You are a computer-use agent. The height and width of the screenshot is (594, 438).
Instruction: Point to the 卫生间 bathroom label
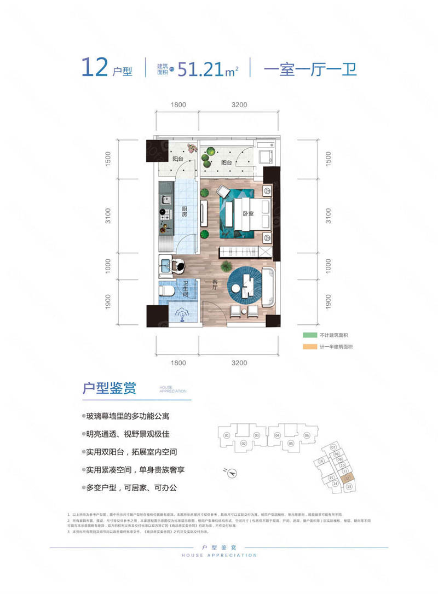click(186, 289)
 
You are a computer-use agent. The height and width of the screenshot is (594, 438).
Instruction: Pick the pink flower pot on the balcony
click(191, 148)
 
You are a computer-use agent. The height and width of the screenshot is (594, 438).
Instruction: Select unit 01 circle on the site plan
click(226, 435)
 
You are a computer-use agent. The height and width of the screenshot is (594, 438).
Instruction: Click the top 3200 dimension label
click(239, 104)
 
